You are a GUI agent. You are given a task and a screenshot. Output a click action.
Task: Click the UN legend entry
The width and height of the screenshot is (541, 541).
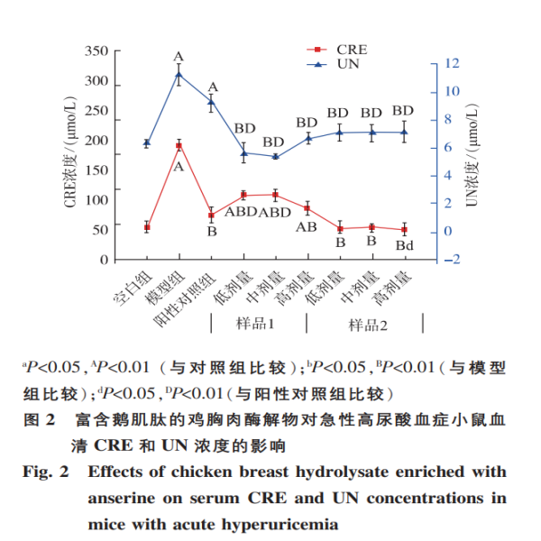pos(339,64)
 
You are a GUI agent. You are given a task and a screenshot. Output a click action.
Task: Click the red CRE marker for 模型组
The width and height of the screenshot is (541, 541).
pos(179,145)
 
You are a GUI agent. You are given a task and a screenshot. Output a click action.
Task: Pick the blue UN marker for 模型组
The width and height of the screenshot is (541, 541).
pos(179,75)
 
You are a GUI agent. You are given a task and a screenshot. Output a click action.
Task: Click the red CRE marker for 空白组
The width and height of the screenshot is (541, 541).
pos(147,226)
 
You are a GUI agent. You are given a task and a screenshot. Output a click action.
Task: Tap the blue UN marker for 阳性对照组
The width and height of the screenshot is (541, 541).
pos(211,102)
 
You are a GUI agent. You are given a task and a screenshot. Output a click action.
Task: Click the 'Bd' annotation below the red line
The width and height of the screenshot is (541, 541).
pos(404,245)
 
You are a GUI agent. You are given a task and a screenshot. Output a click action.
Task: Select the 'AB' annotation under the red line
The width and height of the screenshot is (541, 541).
pos(306,227)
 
